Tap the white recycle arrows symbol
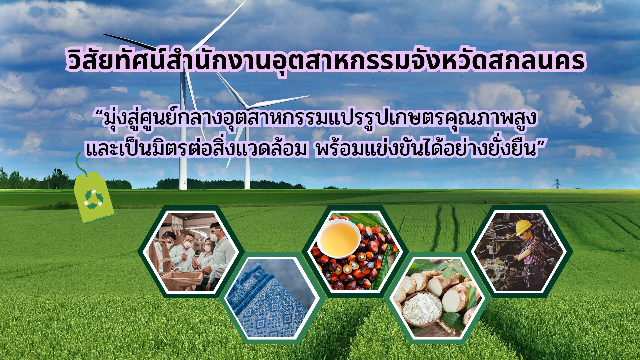point(94,199)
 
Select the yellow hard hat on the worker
point(523,226)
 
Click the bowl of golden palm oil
point(339,238)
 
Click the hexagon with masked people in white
point(191,251)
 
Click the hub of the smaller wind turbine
point(247,107)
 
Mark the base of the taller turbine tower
point(183,187)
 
